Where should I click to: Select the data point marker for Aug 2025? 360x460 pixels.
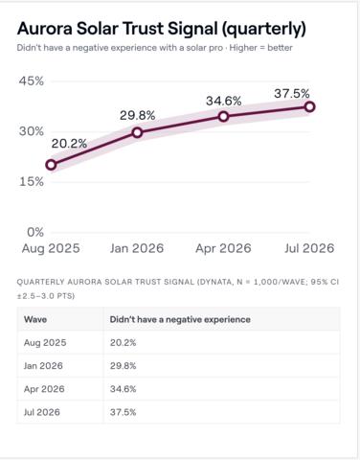51,165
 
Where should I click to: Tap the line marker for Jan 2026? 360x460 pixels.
137,132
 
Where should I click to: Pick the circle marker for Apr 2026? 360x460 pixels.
224,117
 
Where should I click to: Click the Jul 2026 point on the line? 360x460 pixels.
310,107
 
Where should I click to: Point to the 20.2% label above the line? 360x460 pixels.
69,144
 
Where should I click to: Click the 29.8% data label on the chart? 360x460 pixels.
137,116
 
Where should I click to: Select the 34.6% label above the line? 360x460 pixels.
224,102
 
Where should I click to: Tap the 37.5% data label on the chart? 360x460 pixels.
292,94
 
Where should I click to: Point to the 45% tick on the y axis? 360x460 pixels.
32,81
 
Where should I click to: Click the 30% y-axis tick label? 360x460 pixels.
32,131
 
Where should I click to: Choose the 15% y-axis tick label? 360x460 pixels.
32,182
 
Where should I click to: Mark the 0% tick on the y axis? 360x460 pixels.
35,232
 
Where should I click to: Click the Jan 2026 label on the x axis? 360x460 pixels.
137,248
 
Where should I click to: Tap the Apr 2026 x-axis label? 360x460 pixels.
223,248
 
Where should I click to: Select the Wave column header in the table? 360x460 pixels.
35,319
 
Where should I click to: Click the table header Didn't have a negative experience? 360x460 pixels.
180,319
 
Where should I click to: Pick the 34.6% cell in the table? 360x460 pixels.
124,389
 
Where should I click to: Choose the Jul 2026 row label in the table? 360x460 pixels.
42,412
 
